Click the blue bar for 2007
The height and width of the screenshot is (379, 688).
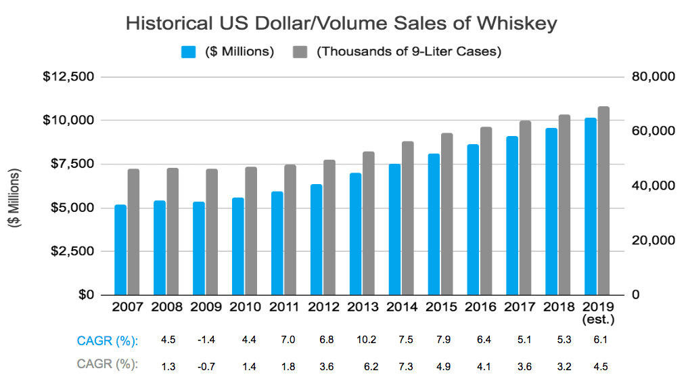(120, 250)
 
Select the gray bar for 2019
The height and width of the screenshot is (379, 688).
(604, 201)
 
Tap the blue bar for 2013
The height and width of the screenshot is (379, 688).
(355, 234)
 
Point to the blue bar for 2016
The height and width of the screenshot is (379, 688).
(473, 220)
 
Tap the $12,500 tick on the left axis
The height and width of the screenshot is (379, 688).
(68, 76)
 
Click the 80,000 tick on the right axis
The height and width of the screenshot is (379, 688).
(653, 76)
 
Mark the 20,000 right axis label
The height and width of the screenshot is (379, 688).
(653, 240)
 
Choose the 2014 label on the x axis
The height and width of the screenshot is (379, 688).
(401, 307)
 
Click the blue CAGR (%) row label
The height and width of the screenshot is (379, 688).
(108, 340)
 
